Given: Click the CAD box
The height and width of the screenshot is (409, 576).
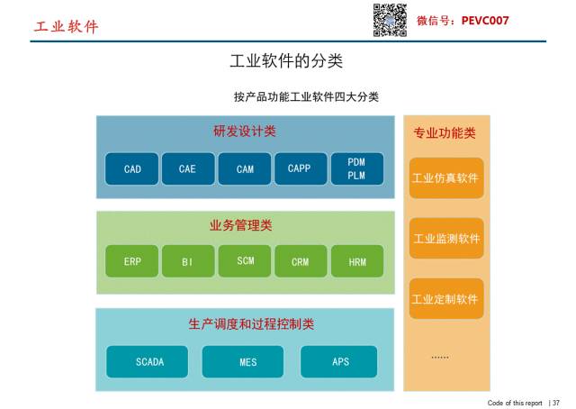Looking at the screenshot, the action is (132, 169).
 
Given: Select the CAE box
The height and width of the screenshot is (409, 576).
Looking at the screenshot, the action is (187, 169).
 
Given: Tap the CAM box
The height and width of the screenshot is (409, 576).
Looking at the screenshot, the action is (245, 169).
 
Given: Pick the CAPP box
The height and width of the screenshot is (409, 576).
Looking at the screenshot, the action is (300, 169).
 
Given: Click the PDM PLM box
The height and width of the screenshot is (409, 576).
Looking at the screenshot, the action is (356, 169).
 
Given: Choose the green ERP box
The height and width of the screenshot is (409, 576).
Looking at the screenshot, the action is (132, 261).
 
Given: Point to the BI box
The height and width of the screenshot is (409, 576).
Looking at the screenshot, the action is (187, 261).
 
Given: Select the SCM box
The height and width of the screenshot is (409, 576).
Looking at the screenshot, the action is (245, 261).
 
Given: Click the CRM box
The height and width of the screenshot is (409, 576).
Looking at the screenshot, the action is (300, 261).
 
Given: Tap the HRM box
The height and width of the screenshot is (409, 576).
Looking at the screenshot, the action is (356, 261).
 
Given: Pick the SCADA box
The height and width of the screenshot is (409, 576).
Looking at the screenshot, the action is (149, 361).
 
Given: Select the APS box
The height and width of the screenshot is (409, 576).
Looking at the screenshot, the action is (340, 361).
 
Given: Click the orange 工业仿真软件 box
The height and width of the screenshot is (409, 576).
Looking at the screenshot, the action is (446, 177).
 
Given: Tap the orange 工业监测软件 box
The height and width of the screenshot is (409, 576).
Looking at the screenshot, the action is (446, 239).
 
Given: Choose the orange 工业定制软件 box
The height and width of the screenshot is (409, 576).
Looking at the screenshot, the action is (446, 298).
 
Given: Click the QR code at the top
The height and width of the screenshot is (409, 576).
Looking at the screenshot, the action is (391, 20).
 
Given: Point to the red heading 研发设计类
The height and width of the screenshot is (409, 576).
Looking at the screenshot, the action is (245, 132).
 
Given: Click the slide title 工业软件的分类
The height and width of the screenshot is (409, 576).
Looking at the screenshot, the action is (286, 61).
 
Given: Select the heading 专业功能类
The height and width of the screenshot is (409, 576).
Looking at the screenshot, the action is (445, 133).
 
